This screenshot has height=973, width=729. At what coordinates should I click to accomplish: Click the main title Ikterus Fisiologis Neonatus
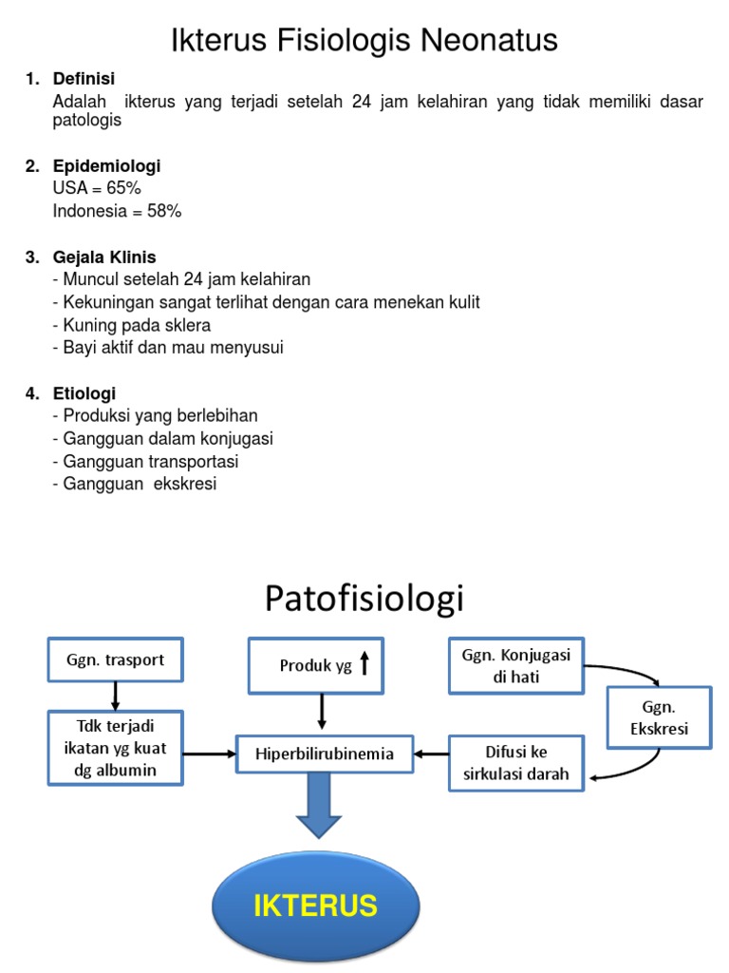[364, 40]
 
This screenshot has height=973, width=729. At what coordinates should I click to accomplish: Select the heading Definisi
[84, 79]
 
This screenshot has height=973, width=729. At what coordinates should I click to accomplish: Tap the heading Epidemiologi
[106, 166]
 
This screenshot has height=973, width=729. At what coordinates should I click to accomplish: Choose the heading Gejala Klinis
[104, 258]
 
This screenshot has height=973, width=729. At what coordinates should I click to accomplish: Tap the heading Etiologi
[84, 393]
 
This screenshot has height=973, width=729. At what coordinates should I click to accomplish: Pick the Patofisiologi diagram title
[364, 599]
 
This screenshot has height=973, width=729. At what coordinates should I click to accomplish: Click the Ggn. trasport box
[115, 660]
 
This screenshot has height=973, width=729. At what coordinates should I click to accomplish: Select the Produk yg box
[323, 665]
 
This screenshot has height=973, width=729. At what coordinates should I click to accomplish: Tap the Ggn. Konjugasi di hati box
[515, 666]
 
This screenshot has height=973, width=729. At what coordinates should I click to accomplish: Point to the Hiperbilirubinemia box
[325, 755]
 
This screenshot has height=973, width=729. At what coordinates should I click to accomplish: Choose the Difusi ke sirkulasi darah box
[515, 763]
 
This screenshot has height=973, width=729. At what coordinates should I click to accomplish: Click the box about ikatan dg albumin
[115, 749]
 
